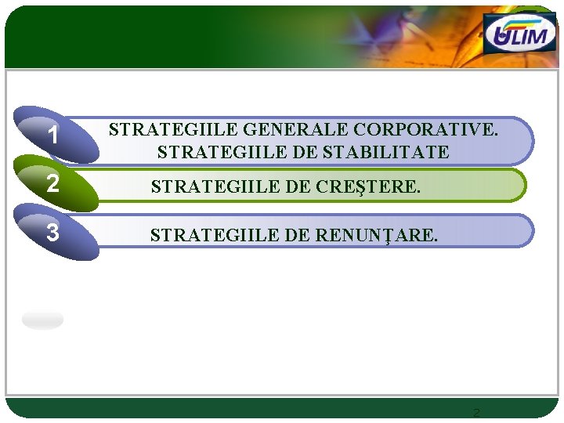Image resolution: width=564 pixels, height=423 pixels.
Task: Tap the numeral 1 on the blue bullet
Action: [52, 136]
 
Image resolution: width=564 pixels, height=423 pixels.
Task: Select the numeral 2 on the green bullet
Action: [52, 184]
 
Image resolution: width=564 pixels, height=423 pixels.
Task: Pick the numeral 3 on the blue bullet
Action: [52, 233]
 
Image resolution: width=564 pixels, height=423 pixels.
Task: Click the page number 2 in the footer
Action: [476, 413]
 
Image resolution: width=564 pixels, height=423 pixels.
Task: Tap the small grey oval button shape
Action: [43, 320]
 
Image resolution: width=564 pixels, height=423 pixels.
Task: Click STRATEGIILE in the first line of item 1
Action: [174, 129]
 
